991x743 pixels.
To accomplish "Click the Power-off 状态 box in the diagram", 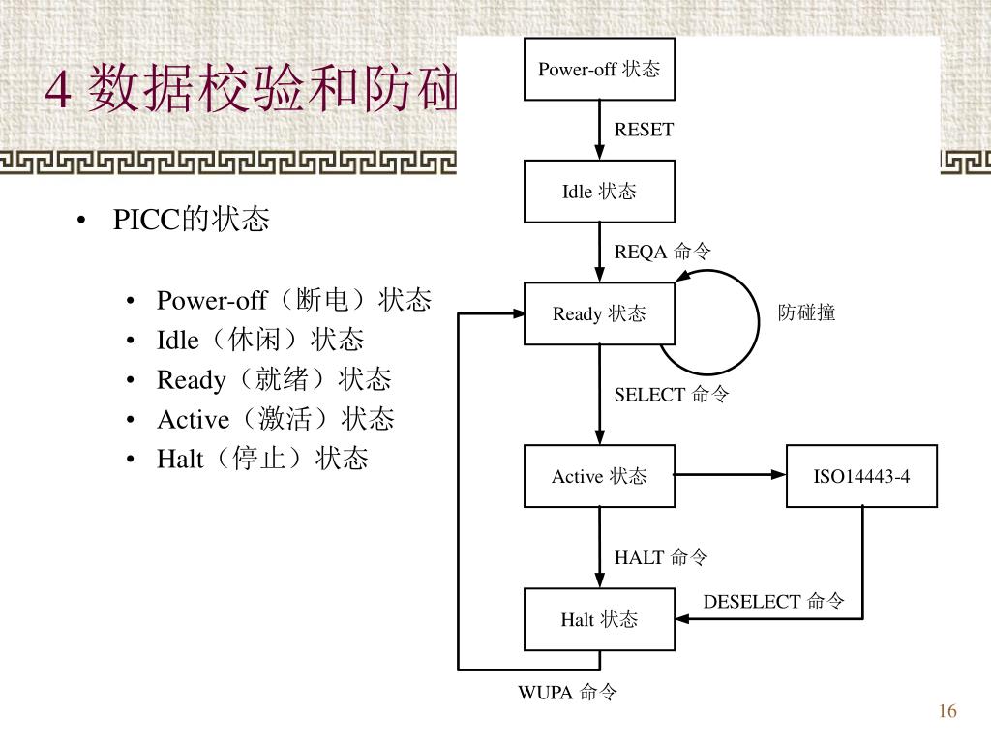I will [599, 69].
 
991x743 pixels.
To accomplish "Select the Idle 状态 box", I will [599, 192].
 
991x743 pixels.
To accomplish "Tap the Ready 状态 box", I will [599, 313].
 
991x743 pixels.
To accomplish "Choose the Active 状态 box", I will [599, 476].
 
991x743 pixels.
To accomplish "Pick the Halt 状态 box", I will [599, 619].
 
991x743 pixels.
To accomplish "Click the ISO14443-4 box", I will [861, 476].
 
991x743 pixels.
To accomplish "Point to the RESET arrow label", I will [644, 130].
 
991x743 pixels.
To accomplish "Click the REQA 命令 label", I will [663, 252].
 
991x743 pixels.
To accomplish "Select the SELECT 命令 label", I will [672, 394].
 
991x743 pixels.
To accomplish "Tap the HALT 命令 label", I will [661, 557].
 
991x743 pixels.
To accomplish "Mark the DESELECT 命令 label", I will [773, 602].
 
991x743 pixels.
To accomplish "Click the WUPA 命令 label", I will [567, 692].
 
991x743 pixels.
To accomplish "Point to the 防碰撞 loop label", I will [806, 312].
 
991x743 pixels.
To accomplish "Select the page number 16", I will [946, 712].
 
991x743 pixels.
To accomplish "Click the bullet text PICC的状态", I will [191, 221].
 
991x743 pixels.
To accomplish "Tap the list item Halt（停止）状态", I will [262, 459].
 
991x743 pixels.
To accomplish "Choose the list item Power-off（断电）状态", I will [293, 300].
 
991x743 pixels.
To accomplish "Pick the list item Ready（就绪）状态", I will [274, 379].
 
